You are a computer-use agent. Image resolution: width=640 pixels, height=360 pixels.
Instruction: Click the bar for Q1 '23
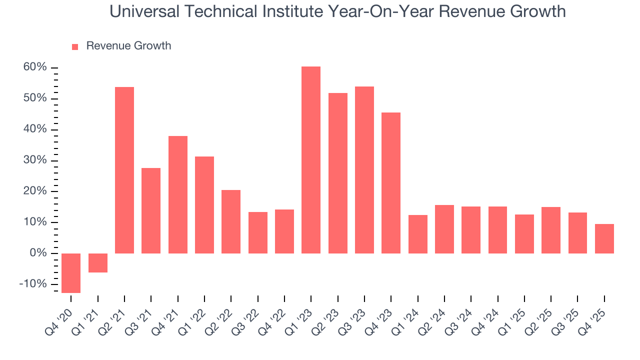coord(311,160)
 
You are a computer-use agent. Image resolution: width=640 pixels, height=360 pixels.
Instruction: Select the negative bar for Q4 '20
coord(71,273)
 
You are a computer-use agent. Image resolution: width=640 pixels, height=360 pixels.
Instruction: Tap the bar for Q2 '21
coord(124,170)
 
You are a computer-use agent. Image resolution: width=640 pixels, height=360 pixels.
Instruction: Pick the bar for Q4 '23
coord(391,183)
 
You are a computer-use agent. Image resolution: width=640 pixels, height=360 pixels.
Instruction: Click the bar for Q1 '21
coord(98,263)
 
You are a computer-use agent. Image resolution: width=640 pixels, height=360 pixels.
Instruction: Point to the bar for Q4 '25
coord(604,238)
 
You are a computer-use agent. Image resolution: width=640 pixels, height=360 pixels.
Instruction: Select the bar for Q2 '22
coord(231,221)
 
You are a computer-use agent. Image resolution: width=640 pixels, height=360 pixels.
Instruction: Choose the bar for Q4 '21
coord(178,194)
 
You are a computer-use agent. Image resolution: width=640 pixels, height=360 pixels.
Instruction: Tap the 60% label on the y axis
coord(34,67)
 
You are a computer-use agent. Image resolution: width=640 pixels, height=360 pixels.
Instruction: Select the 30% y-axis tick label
coord(34,160)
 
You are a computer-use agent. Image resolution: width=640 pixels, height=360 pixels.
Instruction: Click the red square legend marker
coord(75,46)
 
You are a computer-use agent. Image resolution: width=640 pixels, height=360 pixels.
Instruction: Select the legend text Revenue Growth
coord(128,46)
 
